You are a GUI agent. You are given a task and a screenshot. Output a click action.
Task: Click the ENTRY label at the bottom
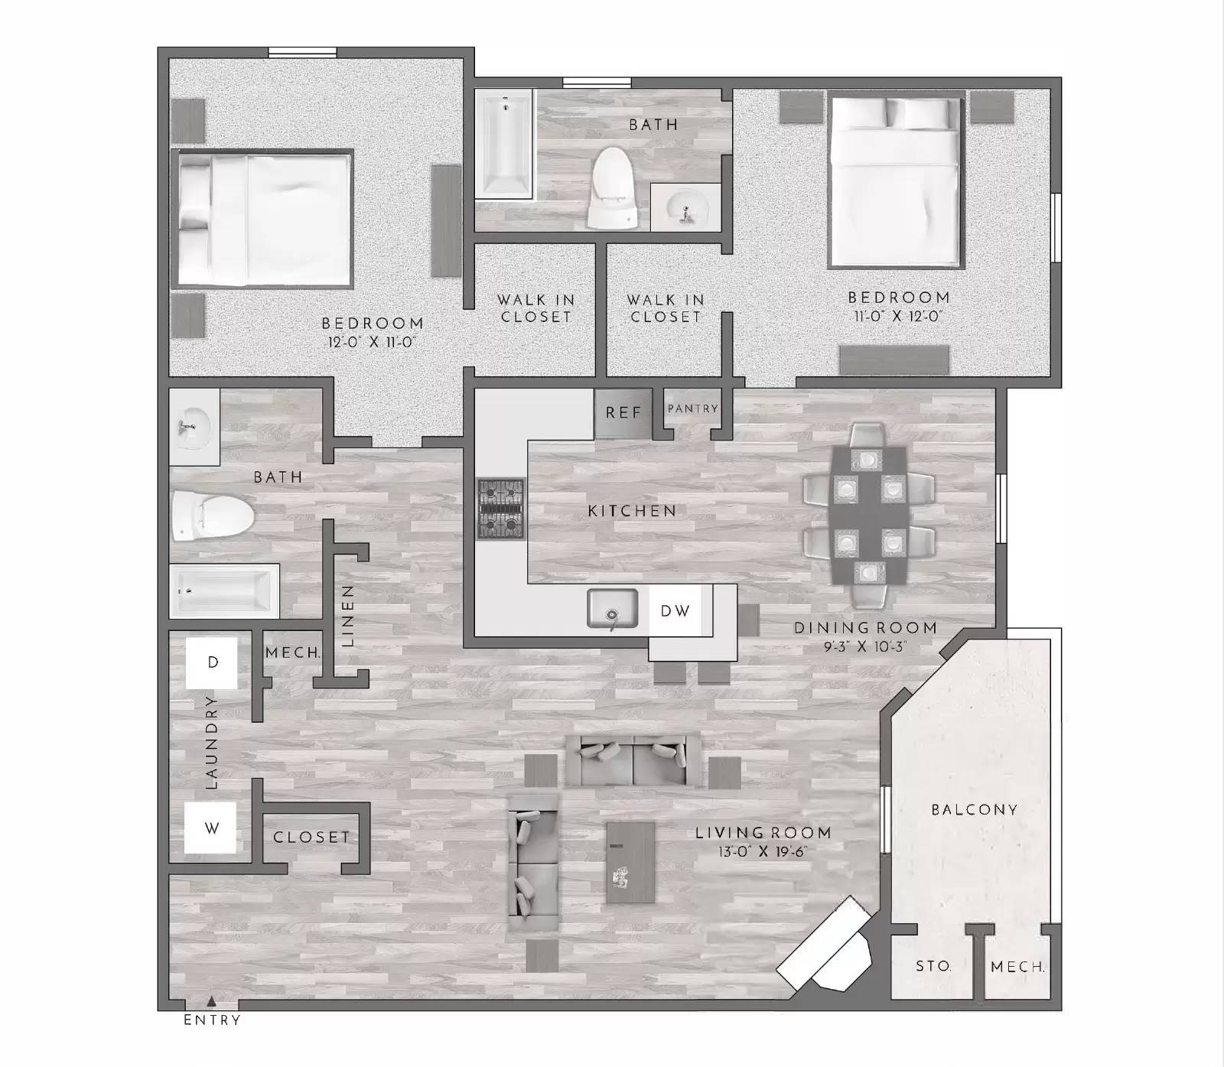[212, 1020]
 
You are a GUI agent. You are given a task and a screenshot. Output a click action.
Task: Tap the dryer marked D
[212, 662]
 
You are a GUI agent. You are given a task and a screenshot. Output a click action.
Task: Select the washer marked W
[211, 828]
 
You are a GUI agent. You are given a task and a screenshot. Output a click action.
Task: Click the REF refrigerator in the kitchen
[623, 413]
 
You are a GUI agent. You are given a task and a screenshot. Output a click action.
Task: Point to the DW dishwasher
[675, 610]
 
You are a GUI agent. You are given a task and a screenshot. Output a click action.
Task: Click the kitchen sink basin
[612, 610]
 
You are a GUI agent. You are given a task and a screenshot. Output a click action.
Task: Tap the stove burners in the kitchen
[501, 509]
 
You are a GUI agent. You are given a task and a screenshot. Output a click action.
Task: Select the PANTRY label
[692, 408]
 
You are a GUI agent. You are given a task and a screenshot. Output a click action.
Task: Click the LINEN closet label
[348, 616]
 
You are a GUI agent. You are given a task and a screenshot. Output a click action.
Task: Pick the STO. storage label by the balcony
[933, 966]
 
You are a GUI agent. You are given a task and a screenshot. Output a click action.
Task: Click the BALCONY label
[974, 809]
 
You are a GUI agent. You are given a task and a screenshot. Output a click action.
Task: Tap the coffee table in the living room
[630, 862]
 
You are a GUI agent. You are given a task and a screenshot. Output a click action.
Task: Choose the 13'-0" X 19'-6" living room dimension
[763, 852]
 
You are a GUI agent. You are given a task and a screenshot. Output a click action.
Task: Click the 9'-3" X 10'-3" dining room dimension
[865, 647]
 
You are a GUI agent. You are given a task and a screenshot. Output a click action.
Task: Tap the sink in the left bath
[194, 425]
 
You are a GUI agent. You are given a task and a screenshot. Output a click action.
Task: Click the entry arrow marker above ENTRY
[212, 1000]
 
